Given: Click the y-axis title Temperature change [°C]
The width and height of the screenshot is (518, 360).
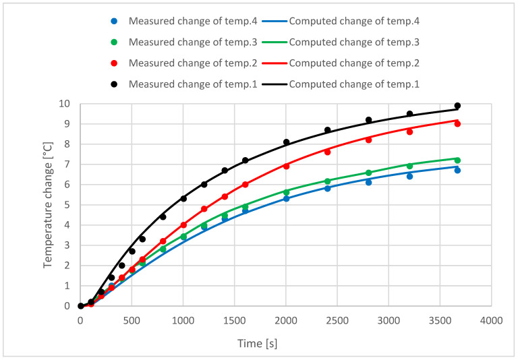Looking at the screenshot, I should [49, 204].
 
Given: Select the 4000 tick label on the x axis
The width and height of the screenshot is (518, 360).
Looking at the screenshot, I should [492, 320].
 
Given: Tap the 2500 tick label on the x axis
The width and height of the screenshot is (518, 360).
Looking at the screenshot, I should [337, 320].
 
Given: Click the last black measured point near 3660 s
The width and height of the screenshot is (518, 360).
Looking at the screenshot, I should [457, 106].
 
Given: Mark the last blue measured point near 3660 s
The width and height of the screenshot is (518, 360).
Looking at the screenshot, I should [457, 170].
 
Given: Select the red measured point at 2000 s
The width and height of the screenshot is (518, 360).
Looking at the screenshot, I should [286, 166].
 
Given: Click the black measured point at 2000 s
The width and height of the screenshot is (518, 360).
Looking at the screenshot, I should [286, 142].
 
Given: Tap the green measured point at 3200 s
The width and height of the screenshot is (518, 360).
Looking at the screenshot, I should [409, 166].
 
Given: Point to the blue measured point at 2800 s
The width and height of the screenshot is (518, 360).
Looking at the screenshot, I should [368, 182].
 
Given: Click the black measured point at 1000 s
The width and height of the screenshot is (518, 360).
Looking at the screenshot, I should [183, 198].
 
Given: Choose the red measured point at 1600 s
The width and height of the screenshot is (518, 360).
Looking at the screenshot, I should [245, 185].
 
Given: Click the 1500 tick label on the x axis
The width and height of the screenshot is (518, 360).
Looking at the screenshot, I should [235, 320].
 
